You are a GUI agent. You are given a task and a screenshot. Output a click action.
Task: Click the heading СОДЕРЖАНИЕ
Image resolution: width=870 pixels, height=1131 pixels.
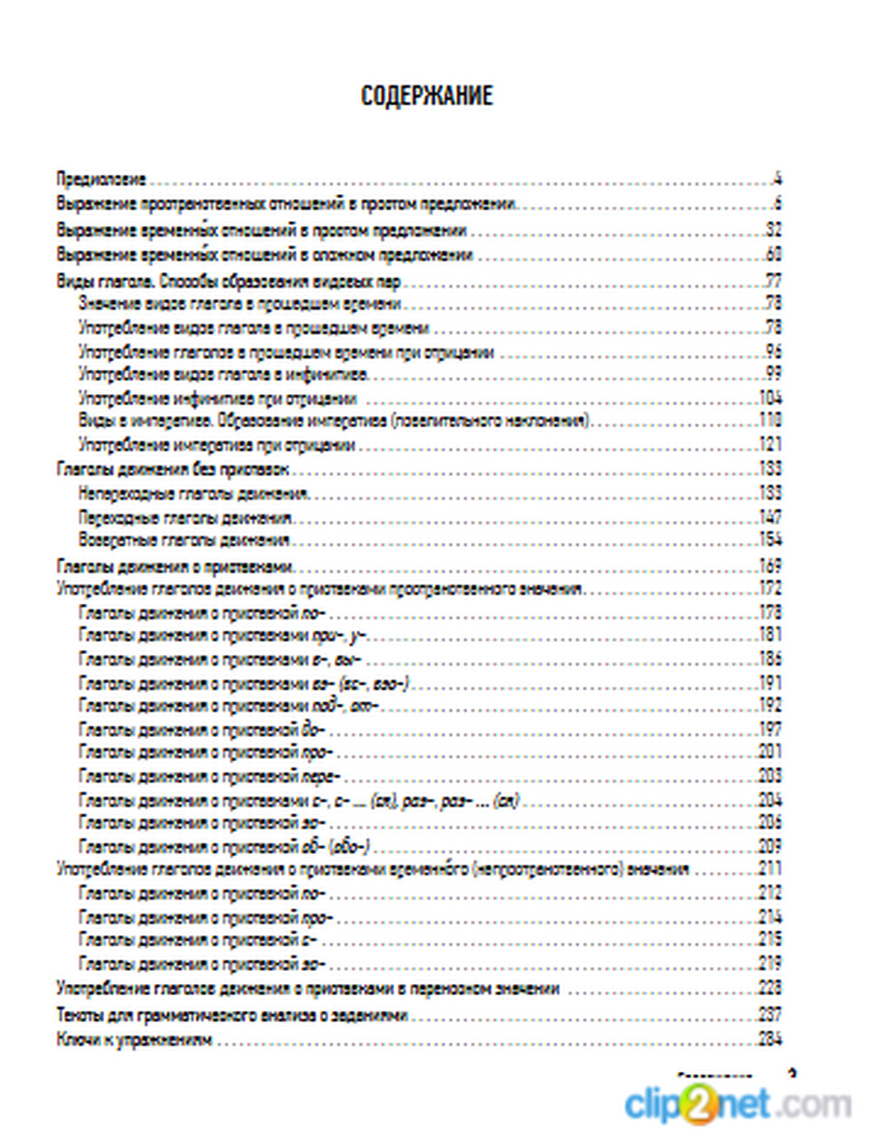pyautogui.click(x=426, y=96)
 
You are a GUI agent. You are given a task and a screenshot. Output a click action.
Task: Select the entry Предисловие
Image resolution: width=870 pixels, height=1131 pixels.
pyautogui.click(x=101, y=180)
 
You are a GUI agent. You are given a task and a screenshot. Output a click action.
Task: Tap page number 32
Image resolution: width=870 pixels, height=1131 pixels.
pyautogui.click(x=773, y=231)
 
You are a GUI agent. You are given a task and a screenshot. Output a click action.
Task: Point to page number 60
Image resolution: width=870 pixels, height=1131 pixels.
pyautogui.click(x=773, y=255)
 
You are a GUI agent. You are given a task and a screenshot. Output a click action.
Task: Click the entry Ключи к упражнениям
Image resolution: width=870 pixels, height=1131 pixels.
pyautogui.click(x=134, y=1039)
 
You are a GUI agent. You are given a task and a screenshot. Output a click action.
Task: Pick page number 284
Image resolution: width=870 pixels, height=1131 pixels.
pyautogui.click(x=770, y=1038)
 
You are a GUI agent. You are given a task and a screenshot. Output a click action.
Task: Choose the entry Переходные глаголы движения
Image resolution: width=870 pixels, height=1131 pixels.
pyautogui.click(x=184, y=518)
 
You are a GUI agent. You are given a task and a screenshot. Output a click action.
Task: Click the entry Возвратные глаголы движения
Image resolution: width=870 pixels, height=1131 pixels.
pyautogui.click(x=184, y=540)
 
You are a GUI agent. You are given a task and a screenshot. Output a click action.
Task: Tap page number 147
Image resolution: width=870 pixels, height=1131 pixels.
pyautogui.click(x=770, y=518)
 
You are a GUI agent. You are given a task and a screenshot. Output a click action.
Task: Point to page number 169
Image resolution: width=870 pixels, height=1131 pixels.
pyautogui.click(x=770, y=565)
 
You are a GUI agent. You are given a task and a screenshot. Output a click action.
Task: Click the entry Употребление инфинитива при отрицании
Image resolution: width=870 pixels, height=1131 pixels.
pyautogui.click(x=217, y=398)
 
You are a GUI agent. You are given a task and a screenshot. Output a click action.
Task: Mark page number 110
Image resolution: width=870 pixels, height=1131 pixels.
pyautogui.click(x=770, y=421)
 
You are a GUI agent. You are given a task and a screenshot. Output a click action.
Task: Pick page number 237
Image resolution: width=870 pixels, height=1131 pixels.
pyautogui.click(x=770, y=1014)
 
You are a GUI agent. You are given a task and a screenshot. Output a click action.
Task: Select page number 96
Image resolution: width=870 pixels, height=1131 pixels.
pyautogui.click(x=773, y=352)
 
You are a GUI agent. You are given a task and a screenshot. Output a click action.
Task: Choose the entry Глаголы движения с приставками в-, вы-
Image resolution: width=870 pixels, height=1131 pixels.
pyautogui.click(x=219, y=659)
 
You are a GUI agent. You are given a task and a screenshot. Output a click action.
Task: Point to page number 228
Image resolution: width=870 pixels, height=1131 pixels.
pyautogui.click(x=770, y=988)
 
